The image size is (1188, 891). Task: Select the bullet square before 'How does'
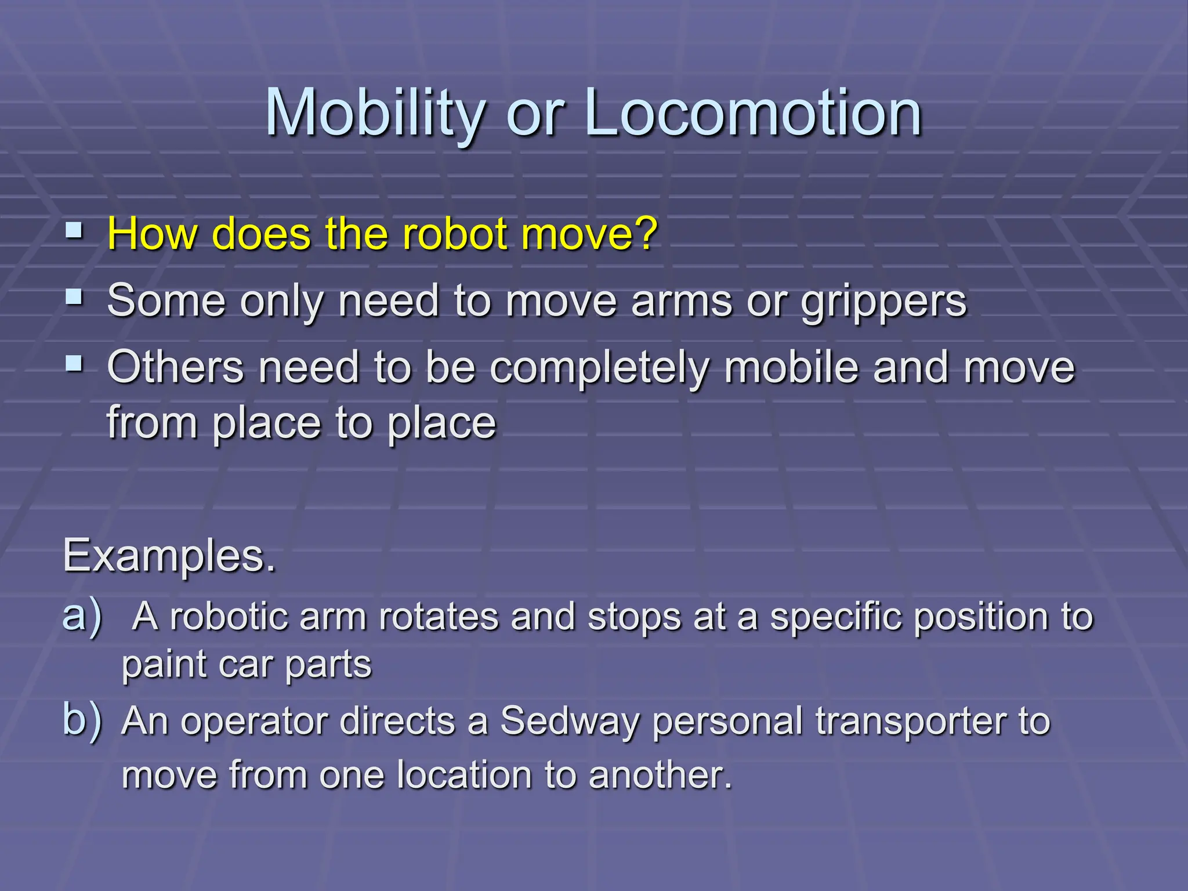pyautogui.click(x=74, y=231)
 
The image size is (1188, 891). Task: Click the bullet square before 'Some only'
pyautogui.click(x=74, y=298)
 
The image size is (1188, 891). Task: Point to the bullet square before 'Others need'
pyautogui.click(x=74, y=365)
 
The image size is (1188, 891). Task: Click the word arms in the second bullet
pyautogui.click(x=682, y=301)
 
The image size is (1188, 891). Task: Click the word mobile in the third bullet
pyautogui.click(x=791, y=367)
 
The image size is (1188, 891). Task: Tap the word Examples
pyautogui.click(x=169, y=556)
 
